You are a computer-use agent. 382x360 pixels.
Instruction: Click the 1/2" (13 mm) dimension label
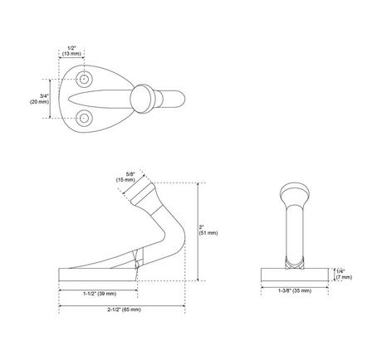(71, 51)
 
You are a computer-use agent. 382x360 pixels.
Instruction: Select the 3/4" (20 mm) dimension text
(39, 99)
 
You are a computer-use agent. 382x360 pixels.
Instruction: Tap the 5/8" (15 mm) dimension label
(125, 177)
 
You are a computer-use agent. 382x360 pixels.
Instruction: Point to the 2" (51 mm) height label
(208, 230)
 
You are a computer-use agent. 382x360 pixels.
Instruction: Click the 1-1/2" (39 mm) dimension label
(100, 294)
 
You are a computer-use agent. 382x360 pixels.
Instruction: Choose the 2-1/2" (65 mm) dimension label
(125, 309)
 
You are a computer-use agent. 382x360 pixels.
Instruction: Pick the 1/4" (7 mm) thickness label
(344, 275)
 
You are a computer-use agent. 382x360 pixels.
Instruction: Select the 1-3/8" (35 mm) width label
(295, 291)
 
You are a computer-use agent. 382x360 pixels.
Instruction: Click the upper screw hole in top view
(84, 80)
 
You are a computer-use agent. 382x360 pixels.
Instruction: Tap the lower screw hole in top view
(84, 118)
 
